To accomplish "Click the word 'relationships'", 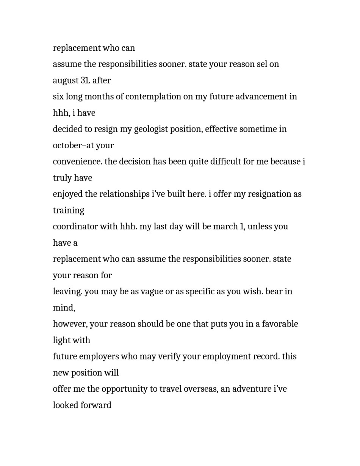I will [x=124, y=194].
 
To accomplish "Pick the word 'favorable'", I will [x=280, y=324].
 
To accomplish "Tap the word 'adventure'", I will [x=251, y=389].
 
